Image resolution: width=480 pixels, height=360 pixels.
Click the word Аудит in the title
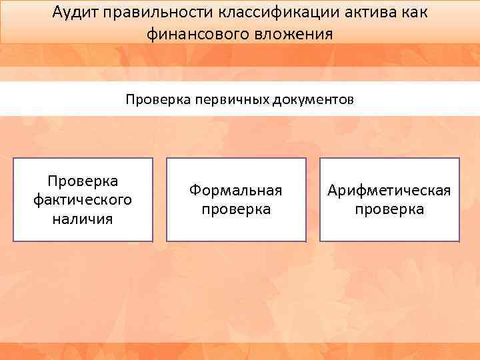click(x=75, y=13)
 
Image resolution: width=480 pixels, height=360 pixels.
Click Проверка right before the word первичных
click(x=158, y=100)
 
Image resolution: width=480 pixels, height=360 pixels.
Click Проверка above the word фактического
click(x=83, y=181)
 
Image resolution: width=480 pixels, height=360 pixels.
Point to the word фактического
click(x=83, y=199)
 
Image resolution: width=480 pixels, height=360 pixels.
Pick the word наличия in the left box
click(x=83, y=218)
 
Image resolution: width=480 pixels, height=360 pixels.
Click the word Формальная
click(x=236, y=191)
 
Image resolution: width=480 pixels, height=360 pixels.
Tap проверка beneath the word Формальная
click(x=236, y=209)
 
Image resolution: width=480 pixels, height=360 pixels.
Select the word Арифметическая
click(x=389, y=191)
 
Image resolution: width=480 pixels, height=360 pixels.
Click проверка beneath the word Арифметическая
click(x=389, y=209)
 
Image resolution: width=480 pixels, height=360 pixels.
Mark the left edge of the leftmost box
click(x=13, y=199)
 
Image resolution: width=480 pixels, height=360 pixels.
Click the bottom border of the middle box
click(x=236, y=241)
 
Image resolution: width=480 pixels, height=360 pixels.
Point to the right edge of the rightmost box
click(x=459, y=199)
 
